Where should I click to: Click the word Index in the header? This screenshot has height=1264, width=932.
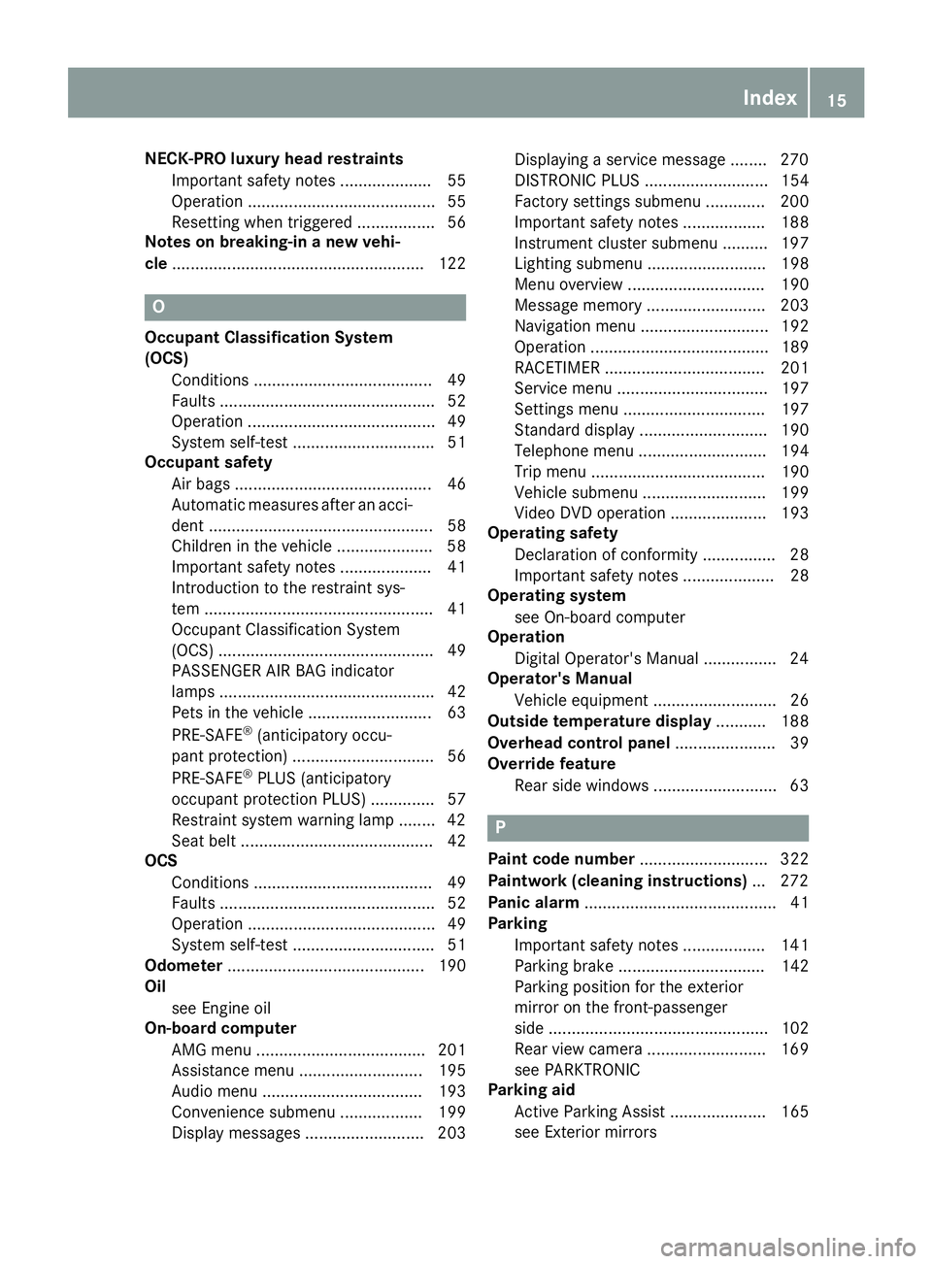pyautogui.click(x=769, y=97)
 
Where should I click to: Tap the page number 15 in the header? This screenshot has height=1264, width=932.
pyautogui.click(x=837, y=99)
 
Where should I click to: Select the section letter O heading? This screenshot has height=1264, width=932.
pyautogui.click(x=159, y=307)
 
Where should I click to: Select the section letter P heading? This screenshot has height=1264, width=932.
pyautogui.click(x=500, y=828)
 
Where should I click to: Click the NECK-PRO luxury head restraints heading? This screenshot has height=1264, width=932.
pyautogui.click(x=274, y=158)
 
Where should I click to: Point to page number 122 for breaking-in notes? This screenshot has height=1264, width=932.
pyautogui.click(x=452, y=263)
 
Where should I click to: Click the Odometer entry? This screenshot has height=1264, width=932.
pyautogui.click(x=183, y=966)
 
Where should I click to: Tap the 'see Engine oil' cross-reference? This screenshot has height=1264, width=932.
pyautogui.click(x=220, y=1008)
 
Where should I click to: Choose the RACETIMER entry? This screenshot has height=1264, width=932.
pyautogui.click(x=557, y=368)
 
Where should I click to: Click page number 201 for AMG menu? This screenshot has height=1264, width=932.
pyautogui.click(x=452, y=1049)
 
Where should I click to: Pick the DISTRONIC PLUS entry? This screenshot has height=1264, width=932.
pyautogui.click(x=577, y=181)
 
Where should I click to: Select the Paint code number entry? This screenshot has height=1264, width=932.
pyautogui.click(x=561, y=859)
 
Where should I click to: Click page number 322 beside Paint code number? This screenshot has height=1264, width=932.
pyautogui.click(x=794, y=859)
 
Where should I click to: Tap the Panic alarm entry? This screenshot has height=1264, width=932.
pyautogui.click(x=533, y=903)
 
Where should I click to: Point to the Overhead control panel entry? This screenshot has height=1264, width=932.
pyautogui.click(x=579, y=743)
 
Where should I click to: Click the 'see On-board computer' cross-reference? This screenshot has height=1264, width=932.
pyautogui.click(x=599, y=617)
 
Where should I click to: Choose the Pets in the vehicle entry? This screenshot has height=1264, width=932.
pyautogui.click(x=237, y=713)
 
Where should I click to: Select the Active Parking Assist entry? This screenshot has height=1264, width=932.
pyautogui.click(x=589, y=1112)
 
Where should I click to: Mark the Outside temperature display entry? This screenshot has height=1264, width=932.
pyautogui.click(x=599, y=721)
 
